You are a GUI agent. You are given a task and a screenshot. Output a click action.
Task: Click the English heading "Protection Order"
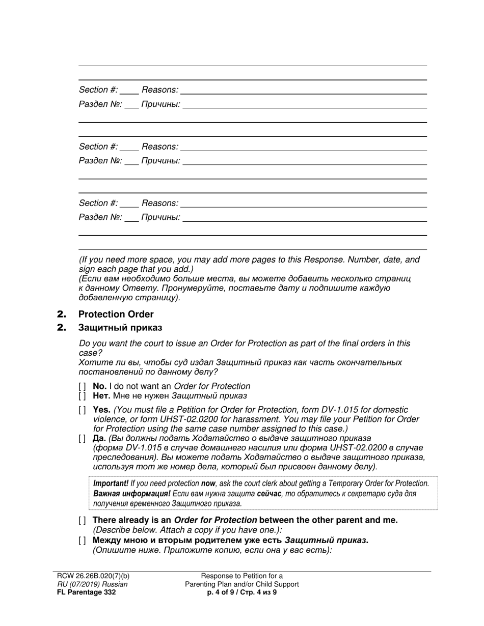coord(116,314)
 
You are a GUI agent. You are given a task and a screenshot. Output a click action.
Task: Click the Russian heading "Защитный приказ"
coord(120,327)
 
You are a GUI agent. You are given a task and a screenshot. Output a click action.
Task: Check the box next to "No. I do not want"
coord(82,386)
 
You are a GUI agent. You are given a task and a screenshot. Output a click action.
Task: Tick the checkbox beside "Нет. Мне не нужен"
coord(82,395)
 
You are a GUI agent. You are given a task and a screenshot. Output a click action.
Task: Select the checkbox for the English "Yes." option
coord(82,410)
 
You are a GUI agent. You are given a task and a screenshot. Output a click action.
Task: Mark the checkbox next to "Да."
coord(82,438)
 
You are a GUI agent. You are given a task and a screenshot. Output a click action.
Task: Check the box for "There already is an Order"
coord(82,520)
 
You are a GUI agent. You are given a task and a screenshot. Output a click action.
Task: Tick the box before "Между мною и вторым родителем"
coord(82,540)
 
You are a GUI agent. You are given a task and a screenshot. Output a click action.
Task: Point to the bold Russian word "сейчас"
coord(269,494)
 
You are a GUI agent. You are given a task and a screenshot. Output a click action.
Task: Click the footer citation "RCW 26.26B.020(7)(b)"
coord(93,576)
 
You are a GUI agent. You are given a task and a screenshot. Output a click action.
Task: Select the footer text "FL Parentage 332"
coord(86,592)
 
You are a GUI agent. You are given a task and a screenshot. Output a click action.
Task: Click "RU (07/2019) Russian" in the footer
coord(92,584)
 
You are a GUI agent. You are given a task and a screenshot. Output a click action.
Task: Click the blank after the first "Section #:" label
coord(129,91)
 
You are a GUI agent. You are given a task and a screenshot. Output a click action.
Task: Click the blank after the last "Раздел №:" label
coord(131,218)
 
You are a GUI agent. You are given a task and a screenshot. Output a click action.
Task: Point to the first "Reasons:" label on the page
coord(160,90)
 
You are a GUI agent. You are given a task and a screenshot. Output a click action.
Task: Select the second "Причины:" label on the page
coord(160,161)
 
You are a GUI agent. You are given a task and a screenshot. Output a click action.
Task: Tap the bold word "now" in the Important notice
coord(208,483)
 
